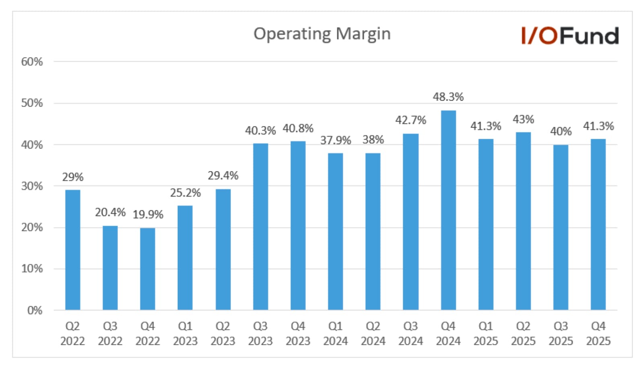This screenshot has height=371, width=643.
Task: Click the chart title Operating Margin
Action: click(x=322, y=34)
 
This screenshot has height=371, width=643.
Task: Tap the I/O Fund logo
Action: click(x=570, y=36)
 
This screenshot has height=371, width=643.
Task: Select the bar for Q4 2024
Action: click(x=448, y=210)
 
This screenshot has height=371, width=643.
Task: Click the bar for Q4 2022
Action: click(x=148, y=269)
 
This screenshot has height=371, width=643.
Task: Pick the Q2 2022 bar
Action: click(x=72, y=250)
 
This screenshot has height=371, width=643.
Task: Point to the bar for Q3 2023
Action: click(x=261, y=227)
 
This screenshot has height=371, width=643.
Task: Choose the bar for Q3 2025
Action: click(x=561, y=227)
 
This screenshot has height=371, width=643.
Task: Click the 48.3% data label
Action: click(x=448, y=97)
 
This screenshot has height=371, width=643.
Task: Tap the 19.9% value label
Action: click(x=148, y=214)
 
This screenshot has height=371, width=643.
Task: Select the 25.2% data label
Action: click(x=185, y=193)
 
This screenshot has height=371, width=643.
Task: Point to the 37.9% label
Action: click(x=336, y=140)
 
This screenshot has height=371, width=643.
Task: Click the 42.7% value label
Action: click(x=411, y=120)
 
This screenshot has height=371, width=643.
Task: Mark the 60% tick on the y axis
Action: click(x=32, y=62)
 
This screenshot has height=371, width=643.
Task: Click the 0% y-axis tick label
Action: click(x=35, y=310)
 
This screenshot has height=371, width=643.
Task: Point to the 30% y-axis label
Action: click(x=32, y=186)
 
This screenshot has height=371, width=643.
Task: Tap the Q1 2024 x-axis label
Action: click(x=336, y=334)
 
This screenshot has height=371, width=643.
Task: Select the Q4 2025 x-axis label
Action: click(x=598, y=334)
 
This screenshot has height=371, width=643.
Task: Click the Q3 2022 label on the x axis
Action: click(x=110, y=334)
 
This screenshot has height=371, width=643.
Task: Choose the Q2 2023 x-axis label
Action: click(x=223, y=334)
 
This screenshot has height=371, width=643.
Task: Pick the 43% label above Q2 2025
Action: click(x=523, y=120)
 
